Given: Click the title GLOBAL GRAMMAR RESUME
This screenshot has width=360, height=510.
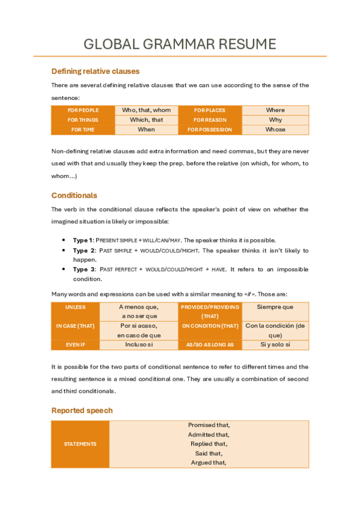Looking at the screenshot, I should (x=180, y=44).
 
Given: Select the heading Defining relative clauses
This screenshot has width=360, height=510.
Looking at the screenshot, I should (x=96, y=71).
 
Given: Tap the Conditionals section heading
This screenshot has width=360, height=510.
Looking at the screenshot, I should (x=74, y=195).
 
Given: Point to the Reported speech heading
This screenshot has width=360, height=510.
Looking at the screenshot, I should (x=82, y=410).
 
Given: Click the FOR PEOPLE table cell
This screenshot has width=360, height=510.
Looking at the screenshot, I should (x=83, y=111).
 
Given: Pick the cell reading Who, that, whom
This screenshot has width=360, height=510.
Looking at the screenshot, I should (x=146, y=111).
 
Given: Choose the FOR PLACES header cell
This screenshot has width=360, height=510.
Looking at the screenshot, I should (x=210, y=111).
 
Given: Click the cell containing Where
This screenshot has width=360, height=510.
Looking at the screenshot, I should (x=275, y=111).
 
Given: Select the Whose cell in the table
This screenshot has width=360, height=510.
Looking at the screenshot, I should (x=275, y=130).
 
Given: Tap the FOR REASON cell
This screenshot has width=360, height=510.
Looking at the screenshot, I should (x=210, y=120).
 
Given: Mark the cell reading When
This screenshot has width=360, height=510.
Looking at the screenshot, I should (x=146, y=130).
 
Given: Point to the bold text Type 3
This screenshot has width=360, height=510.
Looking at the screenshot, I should (x=84, y=269).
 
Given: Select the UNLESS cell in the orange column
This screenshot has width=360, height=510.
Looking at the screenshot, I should (x=75, y=307).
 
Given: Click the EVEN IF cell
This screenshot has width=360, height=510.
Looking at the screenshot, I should (x=75, y=345).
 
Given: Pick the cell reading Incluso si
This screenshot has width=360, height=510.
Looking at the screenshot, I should (x=139, y=345).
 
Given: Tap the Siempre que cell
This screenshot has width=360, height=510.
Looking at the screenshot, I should (x=275, y=307).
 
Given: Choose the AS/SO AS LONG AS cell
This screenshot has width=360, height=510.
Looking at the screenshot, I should (x=210, y=345).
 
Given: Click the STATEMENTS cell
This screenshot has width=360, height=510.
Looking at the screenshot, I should (x=81, y=444).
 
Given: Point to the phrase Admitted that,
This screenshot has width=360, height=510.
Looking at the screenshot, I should (x=209, y=434).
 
